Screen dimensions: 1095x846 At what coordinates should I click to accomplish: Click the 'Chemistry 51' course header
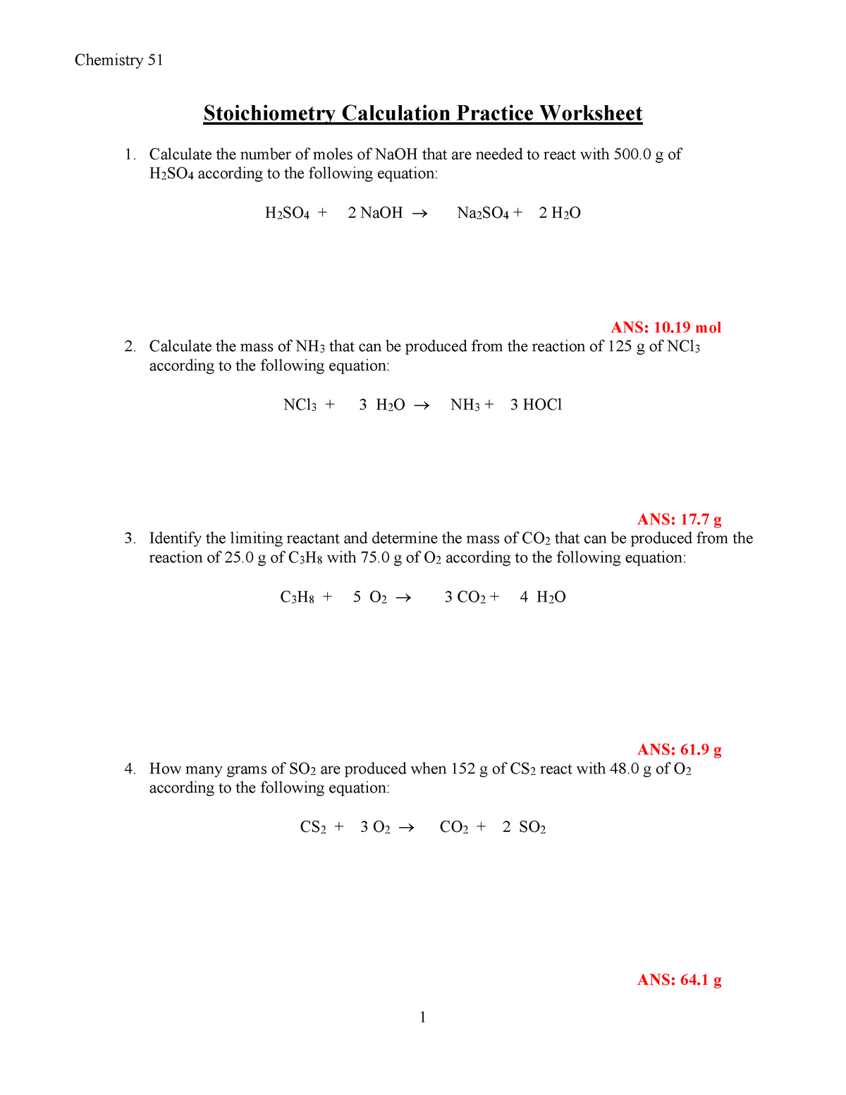coord(118,61)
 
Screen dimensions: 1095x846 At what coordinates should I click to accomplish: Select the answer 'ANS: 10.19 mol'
coord(666,327)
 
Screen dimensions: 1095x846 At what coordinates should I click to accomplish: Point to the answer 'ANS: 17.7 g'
coord(679,520)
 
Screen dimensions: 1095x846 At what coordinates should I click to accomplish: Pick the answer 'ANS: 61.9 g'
coord(679,750)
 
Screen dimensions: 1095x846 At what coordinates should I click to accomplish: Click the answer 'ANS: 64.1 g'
coord(679,980)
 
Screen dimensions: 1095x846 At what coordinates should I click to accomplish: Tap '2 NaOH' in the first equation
coord(375,213)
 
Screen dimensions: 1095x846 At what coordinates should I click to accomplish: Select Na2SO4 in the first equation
coord(483,213)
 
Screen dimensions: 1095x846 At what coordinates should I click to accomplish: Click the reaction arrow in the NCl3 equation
coord(421,405)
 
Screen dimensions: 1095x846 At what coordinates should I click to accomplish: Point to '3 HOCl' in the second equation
coord(536,405)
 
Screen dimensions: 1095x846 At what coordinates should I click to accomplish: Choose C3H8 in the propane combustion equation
coord(297,597)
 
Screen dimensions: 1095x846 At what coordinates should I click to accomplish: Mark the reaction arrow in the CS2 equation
coord(406,828)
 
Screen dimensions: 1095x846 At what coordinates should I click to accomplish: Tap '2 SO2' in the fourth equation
coord(524,827)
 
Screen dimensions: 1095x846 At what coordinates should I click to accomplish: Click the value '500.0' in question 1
coord(632,154)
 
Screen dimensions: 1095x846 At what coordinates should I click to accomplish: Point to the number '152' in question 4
coord(462,769)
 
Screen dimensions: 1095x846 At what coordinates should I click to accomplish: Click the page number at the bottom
coord(422,1017)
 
